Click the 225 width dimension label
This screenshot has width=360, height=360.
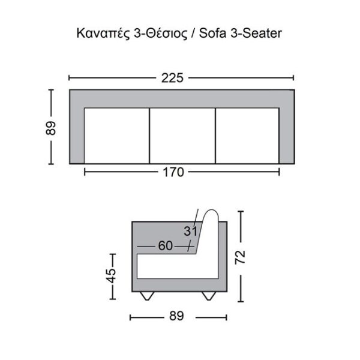click(172, 78)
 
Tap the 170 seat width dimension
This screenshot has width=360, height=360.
click(173, 172)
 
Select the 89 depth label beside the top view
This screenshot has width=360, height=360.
click(51, 128)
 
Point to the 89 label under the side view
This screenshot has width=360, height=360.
click(176, 316)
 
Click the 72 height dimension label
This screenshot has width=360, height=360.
click(241, 257)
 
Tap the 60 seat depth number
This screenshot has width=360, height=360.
click(166, 245)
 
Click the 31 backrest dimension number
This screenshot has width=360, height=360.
click(190, 231)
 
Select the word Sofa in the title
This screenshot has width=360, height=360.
click(212, 33)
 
